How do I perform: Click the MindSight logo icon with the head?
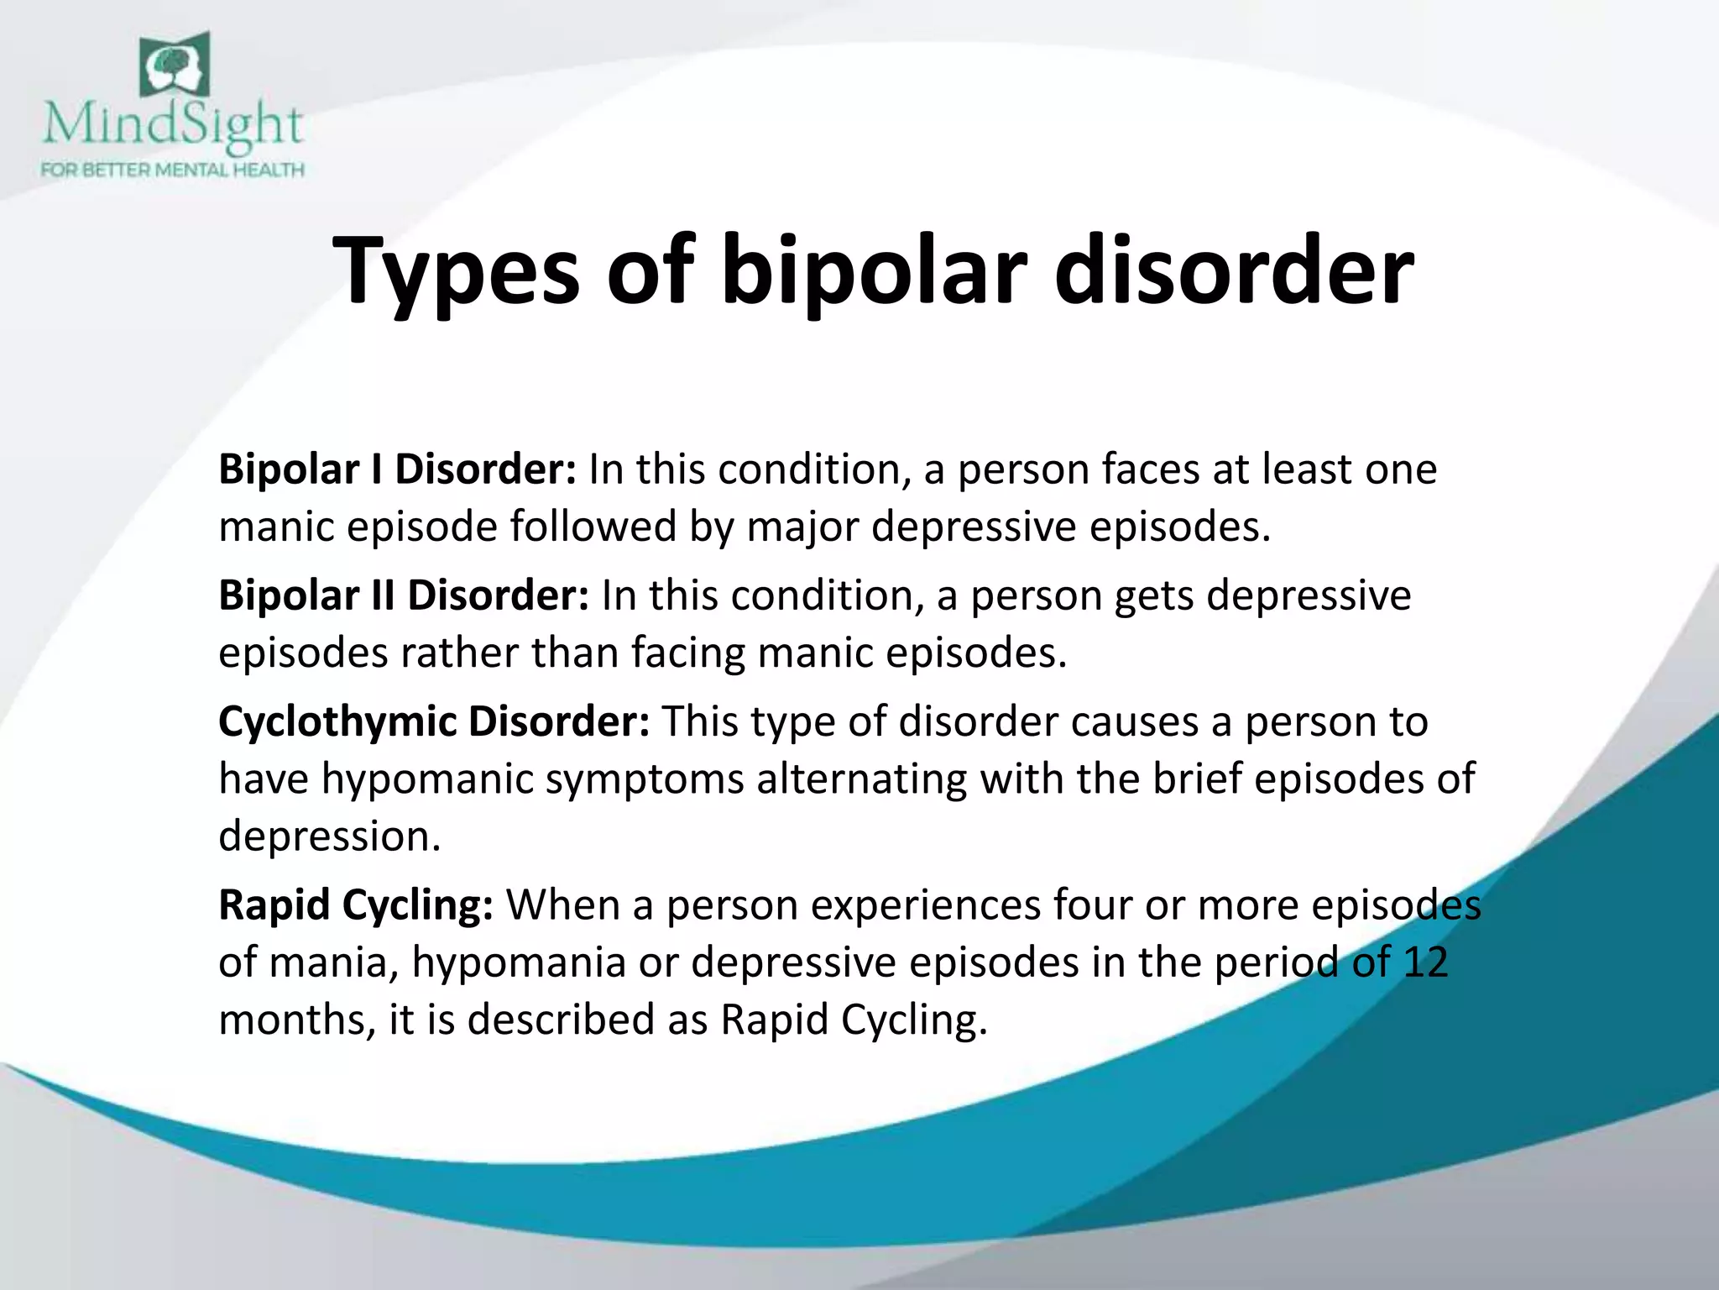tap(174, 65)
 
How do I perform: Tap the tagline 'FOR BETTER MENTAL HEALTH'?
tap(172, 170)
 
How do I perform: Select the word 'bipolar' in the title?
tap(873, 270)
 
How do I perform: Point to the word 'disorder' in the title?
tap(1233, 270)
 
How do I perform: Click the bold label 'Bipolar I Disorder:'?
tap(397, 469)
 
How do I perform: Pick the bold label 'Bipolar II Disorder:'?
tap(404, 595)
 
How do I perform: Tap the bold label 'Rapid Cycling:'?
tap(356, 905)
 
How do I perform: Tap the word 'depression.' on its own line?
tap(329, 836)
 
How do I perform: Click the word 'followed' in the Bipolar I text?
tap(593, 527)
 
